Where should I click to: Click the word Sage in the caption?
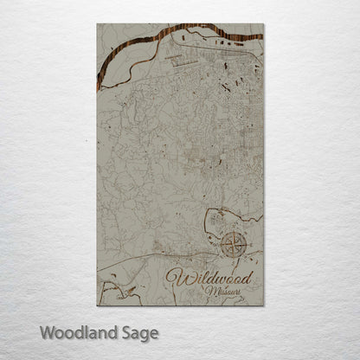[139, 333]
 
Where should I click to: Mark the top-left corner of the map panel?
[97, 24]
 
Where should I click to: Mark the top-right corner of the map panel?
[263, 24]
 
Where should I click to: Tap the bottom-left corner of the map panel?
[97, 305]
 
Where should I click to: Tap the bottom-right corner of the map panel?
[263, 305]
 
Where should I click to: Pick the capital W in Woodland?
[46, 332]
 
